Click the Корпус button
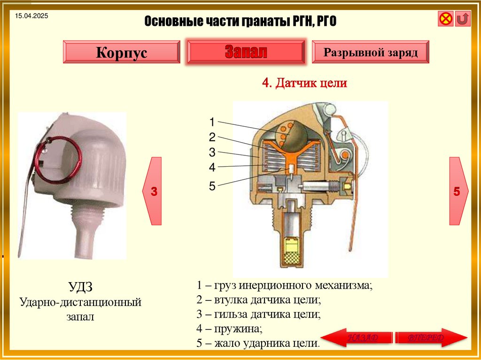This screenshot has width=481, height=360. (121, 52)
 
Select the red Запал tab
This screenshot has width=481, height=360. (246, 52)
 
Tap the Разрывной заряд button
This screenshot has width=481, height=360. (371, 52)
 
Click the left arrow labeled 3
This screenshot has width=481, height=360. (153, 191)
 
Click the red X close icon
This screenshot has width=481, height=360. (445, 19)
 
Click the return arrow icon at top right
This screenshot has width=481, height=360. (462, 19)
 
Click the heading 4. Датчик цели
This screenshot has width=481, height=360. (304, 83)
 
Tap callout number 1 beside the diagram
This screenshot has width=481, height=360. (212, 122)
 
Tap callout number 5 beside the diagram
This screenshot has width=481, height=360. (212, 187)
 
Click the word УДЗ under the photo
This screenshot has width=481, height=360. (80, 286)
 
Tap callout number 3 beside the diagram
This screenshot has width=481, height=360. (212, 152)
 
